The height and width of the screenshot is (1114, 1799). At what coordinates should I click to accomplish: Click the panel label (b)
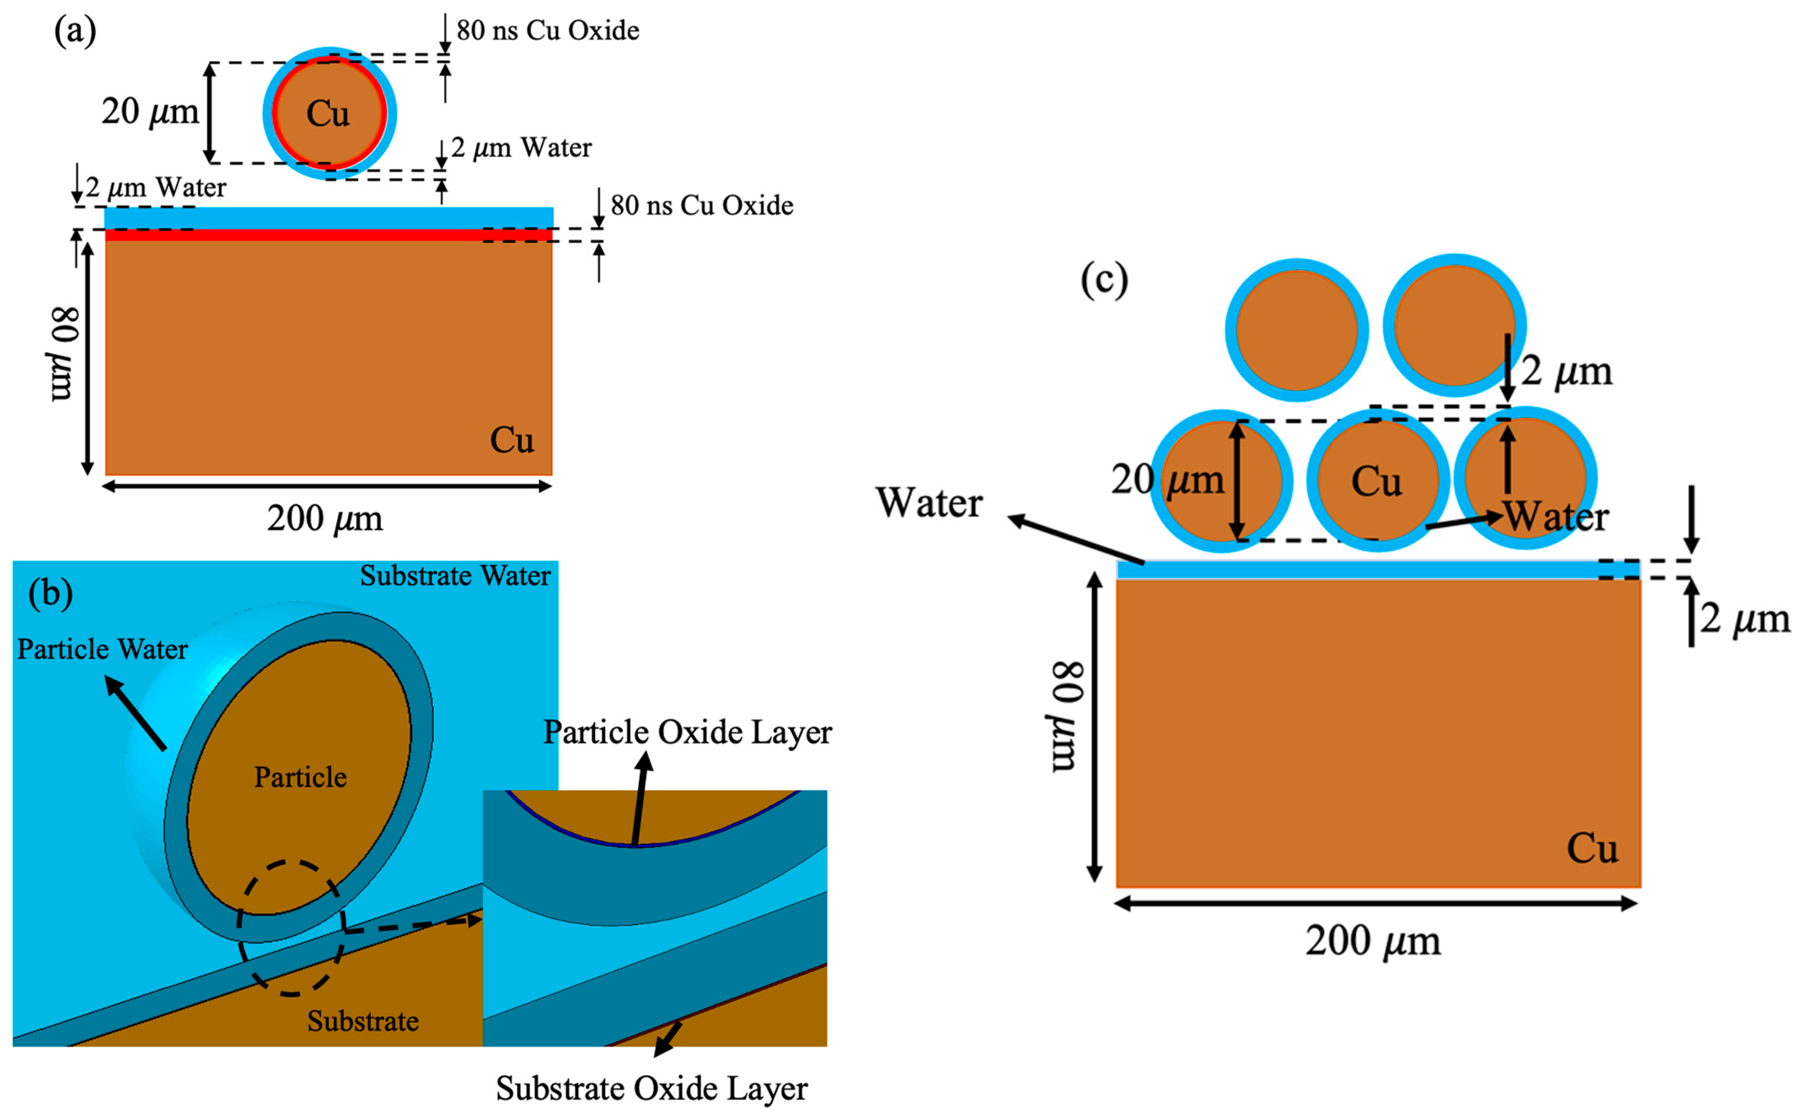50,593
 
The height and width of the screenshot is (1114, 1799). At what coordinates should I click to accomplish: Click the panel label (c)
1103,281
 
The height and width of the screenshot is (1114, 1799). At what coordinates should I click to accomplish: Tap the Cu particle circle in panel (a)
329,113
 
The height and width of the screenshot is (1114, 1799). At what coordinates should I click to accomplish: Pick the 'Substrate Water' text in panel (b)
455,576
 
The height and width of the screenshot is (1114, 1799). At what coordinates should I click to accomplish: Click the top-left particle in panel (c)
1296,330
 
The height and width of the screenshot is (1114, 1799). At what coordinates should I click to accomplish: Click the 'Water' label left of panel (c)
928,503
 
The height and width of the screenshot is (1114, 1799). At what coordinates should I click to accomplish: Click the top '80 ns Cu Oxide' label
547,30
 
